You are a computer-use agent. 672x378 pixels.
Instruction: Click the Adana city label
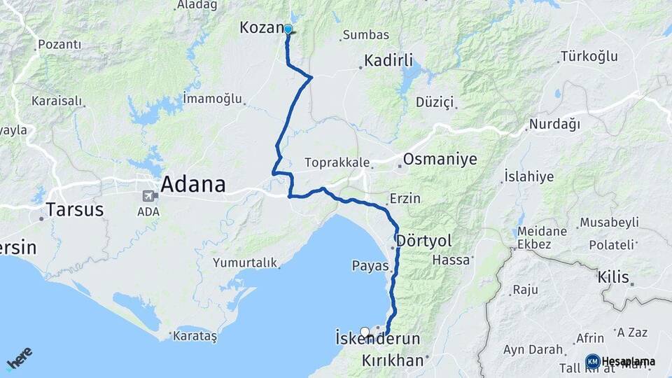pos(193,185)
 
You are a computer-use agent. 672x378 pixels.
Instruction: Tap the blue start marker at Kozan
pos(288,29)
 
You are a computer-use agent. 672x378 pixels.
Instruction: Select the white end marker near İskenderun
pos(365,332)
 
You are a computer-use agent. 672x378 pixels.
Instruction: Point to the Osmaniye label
pos(440,160)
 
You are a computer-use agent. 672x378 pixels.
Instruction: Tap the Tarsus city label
pos(74,209)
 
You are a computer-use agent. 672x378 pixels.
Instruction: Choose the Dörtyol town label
pos(423,241)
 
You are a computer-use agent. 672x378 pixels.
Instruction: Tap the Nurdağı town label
pos(555,125)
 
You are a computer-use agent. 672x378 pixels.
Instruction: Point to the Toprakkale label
pos(337,162)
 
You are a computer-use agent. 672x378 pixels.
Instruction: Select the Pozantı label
pos(59,45)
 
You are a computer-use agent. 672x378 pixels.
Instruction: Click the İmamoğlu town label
pos(211,98)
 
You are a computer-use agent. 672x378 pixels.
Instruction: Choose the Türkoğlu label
pos(589,57)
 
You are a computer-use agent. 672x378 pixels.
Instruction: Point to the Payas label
pos(370,266)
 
